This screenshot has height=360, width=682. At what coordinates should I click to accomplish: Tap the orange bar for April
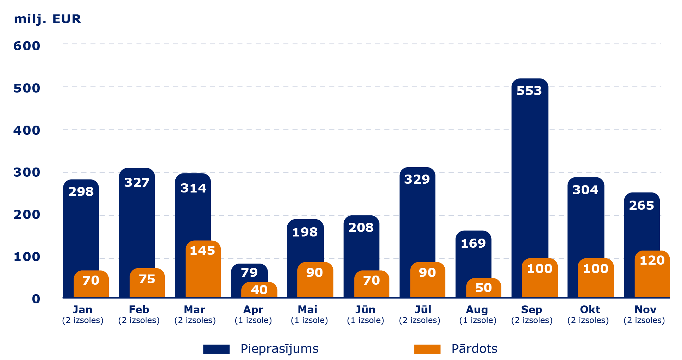259,291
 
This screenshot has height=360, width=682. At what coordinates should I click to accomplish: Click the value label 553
529,91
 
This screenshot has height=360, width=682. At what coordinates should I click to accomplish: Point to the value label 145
202,251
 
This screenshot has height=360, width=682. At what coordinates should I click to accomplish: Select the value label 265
642,206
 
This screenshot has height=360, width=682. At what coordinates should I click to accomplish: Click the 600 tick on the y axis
27,46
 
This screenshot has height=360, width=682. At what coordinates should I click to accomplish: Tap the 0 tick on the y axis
36,299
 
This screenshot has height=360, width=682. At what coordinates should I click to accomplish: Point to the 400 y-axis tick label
27,131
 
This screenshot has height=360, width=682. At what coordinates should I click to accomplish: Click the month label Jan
82,310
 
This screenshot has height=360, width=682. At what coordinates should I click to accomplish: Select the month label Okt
590,310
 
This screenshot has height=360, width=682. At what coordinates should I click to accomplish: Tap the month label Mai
307,310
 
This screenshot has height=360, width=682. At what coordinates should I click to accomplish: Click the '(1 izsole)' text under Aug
477,320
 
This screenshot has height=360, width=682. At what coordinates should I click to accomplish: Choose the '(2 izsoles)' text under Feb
139,320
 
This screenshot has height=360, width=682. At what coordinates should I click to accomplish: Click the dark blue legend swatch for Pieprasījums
216,349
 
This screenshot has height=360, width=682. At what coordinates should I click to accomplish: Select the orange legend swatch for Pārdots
427,349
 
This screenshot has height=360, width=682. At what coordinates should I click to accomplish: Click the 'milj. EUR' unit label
47,19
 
